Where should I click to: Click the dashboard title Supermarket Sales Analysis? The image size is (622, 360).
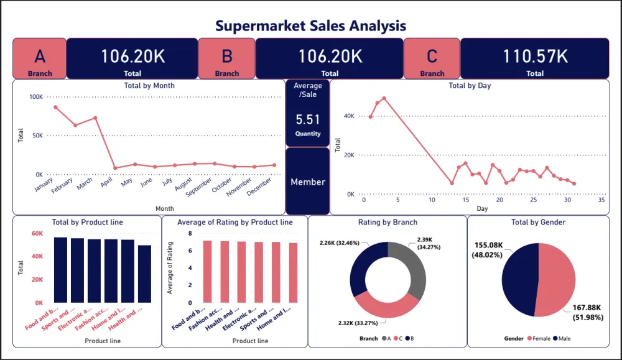tap(310, 25)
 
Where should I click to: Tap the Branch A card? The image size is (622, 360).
tap(40, 58)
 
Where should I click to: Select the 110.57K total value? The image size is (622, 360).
tap(535, 57)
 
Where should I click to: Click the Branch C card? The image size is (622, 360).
tap(432, 58)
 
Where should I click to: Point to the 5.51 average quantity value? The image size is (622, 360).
tap(307, 119)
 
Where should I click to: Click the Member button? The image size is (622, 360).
tap(307, 182)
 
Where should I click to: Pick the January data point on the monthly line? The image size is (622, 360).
tap(55, 107)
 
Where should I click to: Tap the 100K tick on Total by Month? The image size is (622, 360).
tap(35, 97)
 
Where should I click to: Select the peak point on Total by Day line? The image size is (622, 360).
tap(384, 98)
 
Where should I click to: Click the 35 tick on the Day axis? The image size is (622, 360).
tap(601, 200)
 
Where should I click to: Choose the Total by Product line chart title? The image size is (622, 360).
tap(87, 222)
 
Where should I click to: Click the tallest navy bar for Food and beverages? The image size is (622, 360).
tap(60, 270)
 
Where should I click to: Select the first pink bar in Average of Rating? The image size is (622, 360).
tap(208, 271)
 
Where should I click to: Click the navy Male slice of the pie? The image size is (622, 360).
tap(518, 280)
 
